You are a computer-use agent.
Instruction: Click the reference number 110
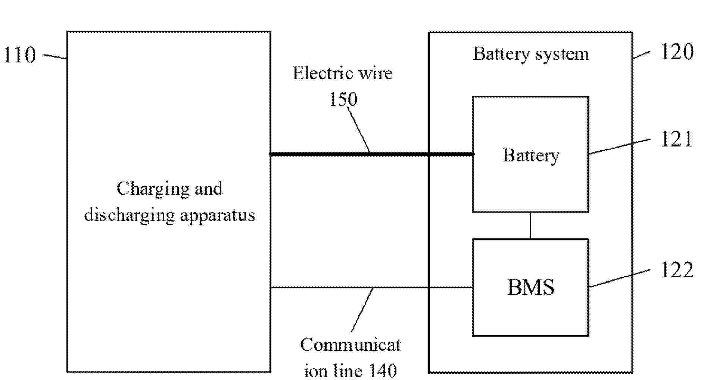click(x=19, y=55)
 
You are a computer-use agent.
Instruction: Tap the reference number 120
click(x=677, y=52)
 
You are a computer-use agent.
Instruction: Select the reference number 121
click(x=676, y=140)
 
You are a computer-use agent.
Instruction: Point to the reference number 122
click(x=677, y=270)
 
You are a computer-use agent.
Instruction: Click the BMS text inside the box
click(x=530, y=287)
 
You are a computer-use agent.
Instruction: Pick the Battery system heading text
click(x=531, y=54)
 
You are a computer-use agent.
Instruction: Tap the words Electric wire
click(x=342, y=73)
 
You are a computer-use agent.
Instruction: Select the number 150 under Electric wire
click(x=343, y=99)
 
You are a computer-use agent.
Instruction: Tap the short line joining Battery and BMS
click(x=530, y=225)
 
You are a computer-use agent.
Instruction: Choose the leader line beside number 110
click(x=55, y=56)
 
